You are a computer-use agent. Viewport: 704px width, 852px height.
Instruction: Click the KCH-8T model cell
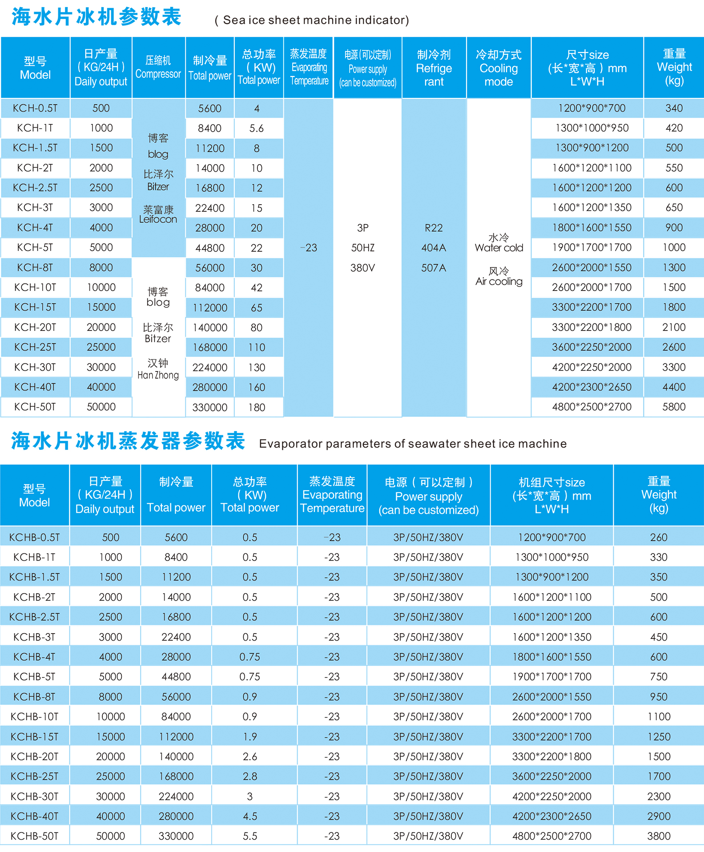click(x=35, y=267)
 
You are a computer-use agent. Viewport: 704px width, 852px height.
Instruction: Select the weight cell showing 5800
click(x=674, y=407)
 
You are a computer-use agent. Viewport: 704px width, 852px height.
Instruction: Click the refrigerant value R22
click(x=434, y=228)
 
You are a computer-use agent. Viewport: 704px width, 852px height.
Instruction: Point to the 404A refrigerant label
click(x=434, y=248)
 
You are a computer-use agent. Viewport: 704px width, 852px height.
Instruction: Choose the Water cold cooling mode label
click(x=499, y=248)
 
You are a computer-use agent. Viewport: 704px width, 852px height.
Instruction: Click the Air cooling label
click(x=499, y=281)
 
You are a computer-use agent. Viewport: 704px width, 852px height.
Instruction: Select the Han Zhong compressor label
click(x=158, y=375)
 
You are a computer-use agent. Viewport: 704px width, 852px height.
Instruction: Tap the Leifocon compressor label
click(x=158, y=219)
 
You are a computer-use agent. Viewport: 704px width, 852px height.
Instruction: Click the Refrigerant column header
click(x=434, y=68)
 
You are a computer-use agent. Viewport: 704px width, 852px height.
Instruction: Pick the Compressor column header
click(x=158, y=68)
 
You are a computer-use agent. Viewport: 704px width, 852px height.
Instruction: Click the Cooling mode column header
click(x=499, y=68)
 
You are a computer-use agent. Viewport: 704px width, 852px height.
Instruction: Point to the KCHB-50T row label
click(x=34, y=836)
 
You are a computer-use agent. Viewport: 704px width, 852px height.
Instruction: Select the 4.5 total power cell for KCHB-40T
click(x=249, y=816)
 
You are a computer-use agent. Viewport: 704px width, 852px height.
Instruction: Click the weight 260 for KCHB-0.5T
click(x=658, y=537)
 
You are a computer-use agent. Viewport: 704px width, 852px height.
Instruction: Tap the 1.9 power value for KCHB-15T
click(x=249, y=736)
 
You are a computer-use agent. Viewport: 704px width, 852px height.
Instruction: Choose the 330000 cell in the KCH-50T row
click(x=209, y=407)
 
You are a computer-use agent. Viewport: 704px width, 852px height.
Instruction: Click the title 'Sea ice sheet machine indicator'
click(x=312, y=20)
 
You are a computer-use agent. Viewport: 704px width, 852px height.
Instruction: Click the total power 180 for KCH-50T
click(x=257, y=407)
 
